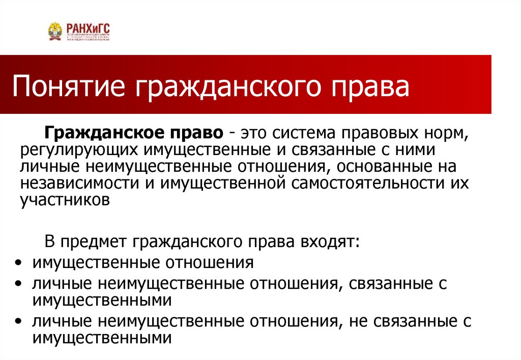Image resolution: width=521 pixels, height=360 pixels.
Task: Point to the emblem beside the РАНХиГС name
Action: pos(55,32)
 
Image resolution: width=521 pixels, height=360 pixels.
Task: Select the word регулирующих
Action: pos(81,151)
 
